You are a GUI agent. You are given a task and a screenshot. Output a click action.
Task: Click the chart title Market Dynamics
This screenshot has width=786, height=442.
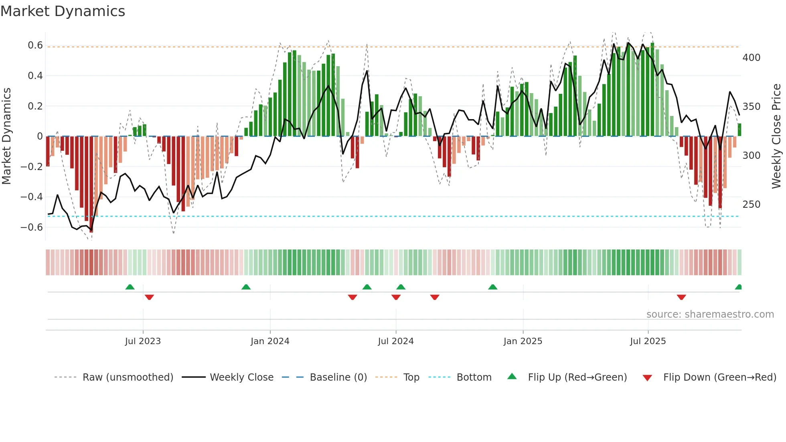click(63, 11)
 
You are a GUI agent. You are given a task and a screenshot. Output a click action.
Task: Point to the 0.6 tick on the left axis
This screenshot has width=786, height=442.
click(35, 45)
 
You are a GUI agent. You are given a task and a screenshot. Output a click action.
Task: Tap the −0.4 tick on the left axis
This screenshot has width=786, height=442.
click(32, 197)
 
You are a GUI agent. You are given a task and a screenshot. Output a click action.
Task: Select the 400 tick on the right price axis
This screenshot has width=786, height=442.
click(751, 58)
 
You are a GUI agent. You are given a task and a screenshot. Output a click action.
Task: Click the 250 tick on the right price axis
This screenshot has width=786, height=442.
click(751, 205)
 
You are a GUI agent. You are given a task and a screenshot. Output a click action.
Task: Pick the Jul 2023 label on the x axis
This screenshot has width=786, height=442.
click(143, 341)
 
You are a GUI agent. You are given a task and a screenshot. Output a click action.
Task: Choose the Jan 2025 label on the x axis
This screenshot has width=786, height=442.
click(523, 341)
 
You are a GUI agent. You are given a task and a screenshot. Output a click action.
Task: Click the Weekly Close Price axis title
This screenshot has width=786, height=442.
click(776, 136)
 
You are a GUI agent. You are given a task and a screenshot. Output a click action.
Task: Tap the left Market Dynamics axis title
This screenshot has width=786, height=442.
click(6, 136)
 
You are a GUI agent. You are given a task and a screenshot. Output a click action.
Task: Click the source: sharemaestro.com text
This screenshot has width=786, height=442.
click(710, 314)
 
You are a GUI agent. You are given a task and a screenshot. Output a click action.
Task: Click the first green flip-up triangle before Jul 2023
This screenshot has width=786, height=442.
click(130, 287)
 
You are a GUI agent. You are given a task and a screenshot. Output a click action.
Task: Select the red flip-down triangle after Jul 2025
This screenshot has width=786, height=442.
click(681, 297)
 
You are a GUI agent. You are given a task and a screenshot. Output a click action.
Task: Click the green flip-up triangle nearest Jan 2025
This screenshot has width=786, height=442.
click(493, 287)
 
